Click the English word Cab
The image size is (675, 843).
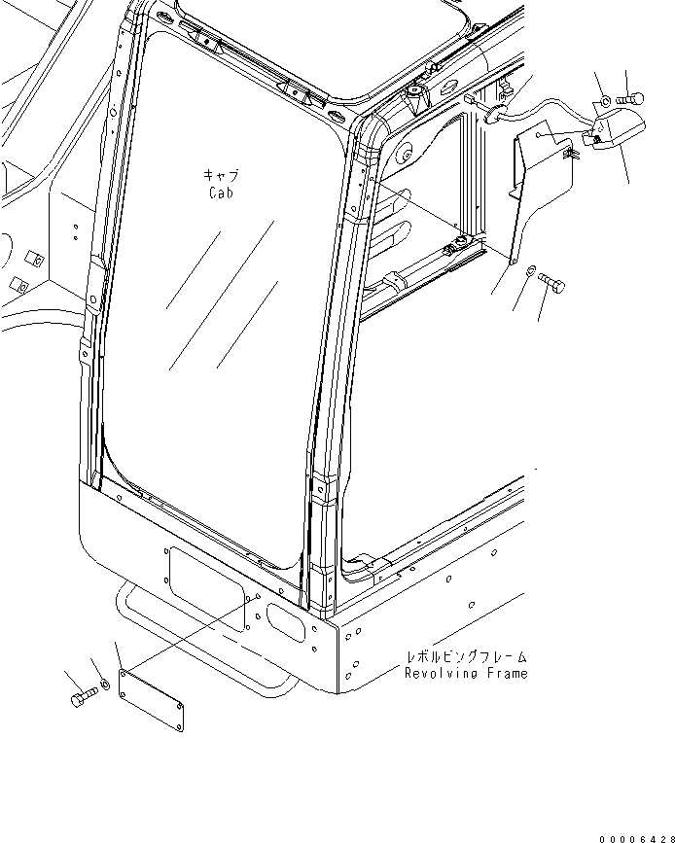(223, 193)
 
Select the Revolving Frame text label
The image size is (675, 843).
(467, 673)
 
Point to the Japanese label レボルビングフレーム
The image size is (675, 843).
(468, 658)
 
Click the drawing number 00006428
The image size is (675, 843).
(634, 834)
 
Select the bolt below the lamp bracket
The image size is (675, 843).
(551, 284)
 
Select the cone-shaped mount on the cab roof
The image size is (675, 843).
(416, 96)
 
